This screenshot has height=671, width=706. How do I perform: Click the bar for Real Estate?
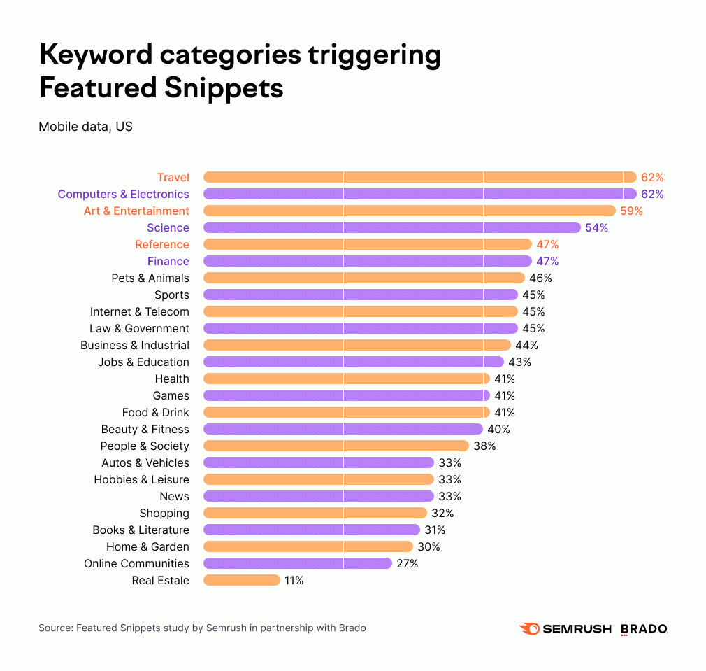(x=242, y=580)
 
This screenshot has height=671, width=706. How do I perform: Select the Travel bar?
(x=419, y=177)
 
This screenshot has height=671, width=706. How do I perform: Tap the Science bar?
(x=391, y=227)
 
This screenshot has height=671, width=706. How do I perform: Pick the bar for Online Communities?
(x=297, y=563)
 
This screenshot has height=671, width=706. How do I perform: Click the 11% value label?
(x=294, y=580)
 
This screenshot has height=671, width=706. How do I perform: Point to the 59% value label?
(x=631, y=211)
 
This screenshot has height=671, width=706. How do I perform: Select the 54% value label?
(x=596, y=227)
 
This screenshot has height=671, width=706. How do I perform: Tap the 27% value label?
(x=407, y=563)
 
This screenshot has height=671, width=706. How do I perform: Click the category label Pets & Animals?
(x=150, y=278)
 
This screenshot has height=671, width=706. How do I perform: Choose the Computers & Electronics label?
(x=123, y=194)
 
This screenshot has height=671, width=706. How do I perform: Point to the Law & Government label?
(x=139, y=328)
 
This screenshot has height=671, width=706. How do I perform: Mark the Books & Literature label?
(x=141, y=530)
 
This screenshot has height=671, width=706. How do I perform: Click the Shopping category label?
(x=164, y=513)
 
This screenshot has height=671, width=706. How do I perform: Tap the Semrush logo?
(x=565, y=628)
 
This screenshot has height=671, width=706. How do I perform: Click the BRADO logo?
(x=644, y=628)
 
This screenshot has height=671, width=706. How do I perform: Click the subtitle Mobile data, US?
(x=85, y=127)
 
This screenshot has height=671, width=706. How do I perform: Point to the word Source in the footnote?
(x=55, y=628)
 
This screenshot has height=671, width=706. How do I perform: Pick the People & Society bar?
(x=336, y=446)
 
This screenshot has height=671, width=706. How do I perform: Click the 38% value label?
(x=484, y=446)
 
